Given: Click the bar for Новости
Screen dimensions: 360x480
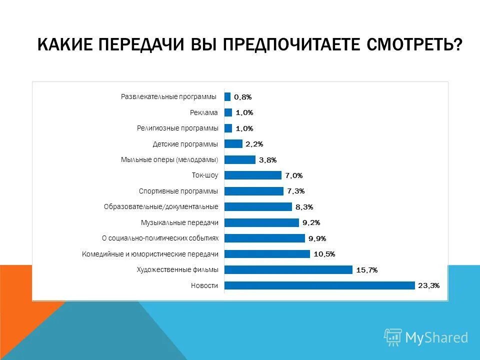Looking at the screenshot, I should (x=319, y=285).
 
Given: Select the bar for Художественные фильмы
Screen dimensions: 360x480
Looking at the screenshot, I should (x=288, y=270).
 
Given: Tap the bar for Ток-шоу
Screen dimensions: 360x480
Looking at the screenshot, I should (x=253, y=175).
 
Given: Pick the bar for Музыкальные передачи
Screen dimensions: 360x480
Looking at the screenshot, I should (x=261, y=222).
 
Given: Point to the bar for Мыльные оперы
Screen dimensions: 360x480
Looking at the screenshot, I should (x=240, y=159).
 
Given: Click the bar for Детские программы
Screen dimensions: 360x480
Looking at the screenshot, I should (x=233, y=144).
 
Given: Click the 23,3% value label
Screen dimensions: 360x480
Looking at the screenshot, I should (x=428, y=285).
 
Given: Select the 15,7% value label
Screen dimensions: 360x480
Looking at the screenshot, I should (x=366, y=270).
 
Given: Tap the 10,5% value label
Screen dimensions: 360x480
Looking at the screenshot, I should (x=324, y=254).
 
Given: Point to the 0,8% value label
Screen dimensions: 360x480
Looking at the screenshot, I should (x=242, y=97).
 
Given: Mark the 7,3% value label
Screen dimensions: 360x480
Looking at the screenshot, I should (x=295, y=191).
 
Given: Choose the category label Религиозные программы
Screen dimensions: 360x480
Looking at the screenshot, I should (x=177, y=128).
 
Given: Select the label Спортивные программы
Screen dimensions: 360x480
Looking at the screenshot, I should (x=178, y=191).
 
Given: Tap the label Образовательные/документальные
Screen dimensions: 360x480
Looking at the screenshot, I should (x=161, y=206).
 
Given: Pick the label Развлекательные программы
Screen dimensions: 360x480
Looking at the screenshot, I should (x=169, y=96).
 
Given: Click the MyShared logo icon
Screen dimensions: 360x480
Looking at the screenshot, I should (x=393, y=337).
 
